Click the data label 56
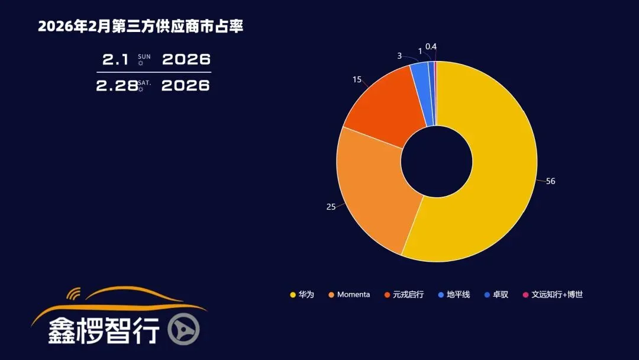pyautogui.click(x=550, y=181)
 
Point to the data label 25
pyautogui.click(x=331, y=207)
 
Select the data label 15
pyautogui.click(x=356, y=79)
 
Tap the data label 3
pyautogui.click(x=399, y=56)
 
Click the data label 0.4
pyautogui.click(x=431, y=46)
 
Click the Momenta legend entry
pyautogui.click(x=353, y=294)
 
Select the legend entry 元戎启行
pyautogui.click(x=408, y=294)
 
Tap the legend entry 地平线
pyautogui.click(x=458, y=294)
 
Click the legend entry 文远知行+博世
pyautogui.click(x=557, y=294)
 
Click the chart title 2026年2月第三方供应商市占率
pyautogui.click(x=140, y=27)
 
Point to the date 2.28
pyautogui.click(x=117, y=85)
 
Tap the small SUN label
pyautogui.click(x=144, y=57)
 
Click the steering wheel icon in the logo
pyautogui.click(x=183, y=329)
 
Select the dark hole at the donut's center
pyautogui.click(x=437, y=161)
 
